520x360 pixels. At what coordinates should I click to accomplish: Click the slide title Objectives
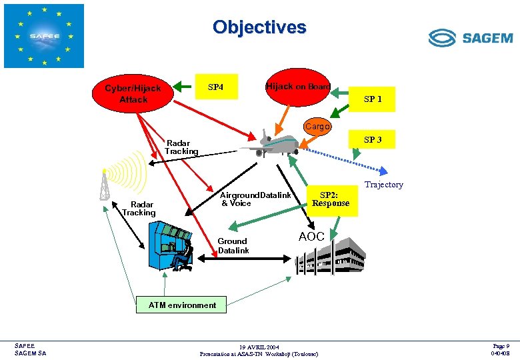click(259, 27)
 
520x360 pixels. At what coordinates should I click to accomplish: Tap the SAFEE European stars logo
click(44, 36)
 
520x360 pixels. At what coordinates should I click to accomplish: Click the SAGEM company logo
click(470, 38)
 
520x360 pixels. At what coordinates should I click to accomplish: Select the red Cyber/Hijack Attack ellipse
click(133, 94)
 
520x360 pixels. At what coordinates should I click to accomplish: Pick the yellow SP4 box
click(216, 87)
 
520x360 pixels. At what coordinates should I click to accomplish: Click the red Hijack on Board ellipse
click(297, 87)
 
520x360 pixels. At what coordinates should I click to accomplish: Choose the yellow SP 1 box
click(373, 99)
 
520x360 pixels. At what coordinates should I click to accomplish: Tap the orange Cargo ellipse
click(318, 126)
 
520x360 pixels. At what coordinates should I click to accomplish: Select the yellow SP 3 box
click(373, 140)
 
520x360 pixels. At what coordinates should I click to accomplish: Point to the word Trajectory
click(383, 185)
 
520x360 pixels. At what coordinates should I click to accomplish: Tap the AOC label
click(311, 237)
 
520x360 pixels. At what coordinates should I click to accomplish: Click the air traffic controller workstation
click(171, 243)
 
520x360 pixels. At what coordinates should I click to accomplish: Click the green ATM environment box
click(182, 305)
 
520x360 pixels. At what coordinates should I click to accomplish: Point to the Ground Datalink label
click(233, 246)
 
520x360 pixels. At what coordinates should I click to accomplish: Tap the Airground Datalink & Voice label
click(255, 199)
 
